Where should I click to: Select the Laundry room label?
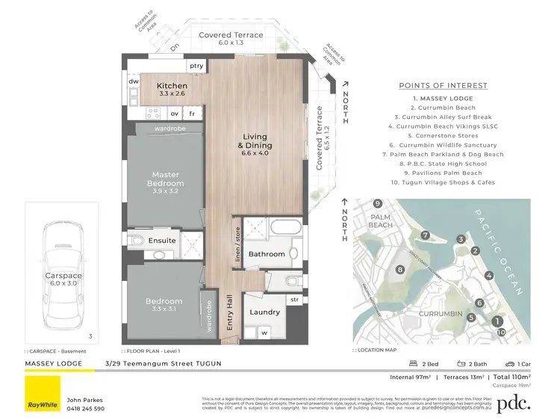pos(265,312)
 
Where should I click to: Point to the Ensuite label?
pos(161,240)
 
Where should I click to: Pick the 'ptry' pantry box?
pos(196,66)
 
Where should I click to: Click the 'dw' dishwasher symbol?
pos(133,81)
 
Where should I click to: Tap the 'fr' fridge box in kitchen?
pos(192,114)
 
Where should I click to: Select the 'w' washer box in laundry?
pos(263,333)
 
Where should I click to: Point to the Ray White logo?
pos(43,394)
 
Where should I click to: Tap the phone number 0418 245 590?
pos(86,409)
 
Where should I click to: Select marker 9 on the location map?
pos(379,204)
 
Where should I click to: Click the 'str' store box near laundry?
pos(294,300)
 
